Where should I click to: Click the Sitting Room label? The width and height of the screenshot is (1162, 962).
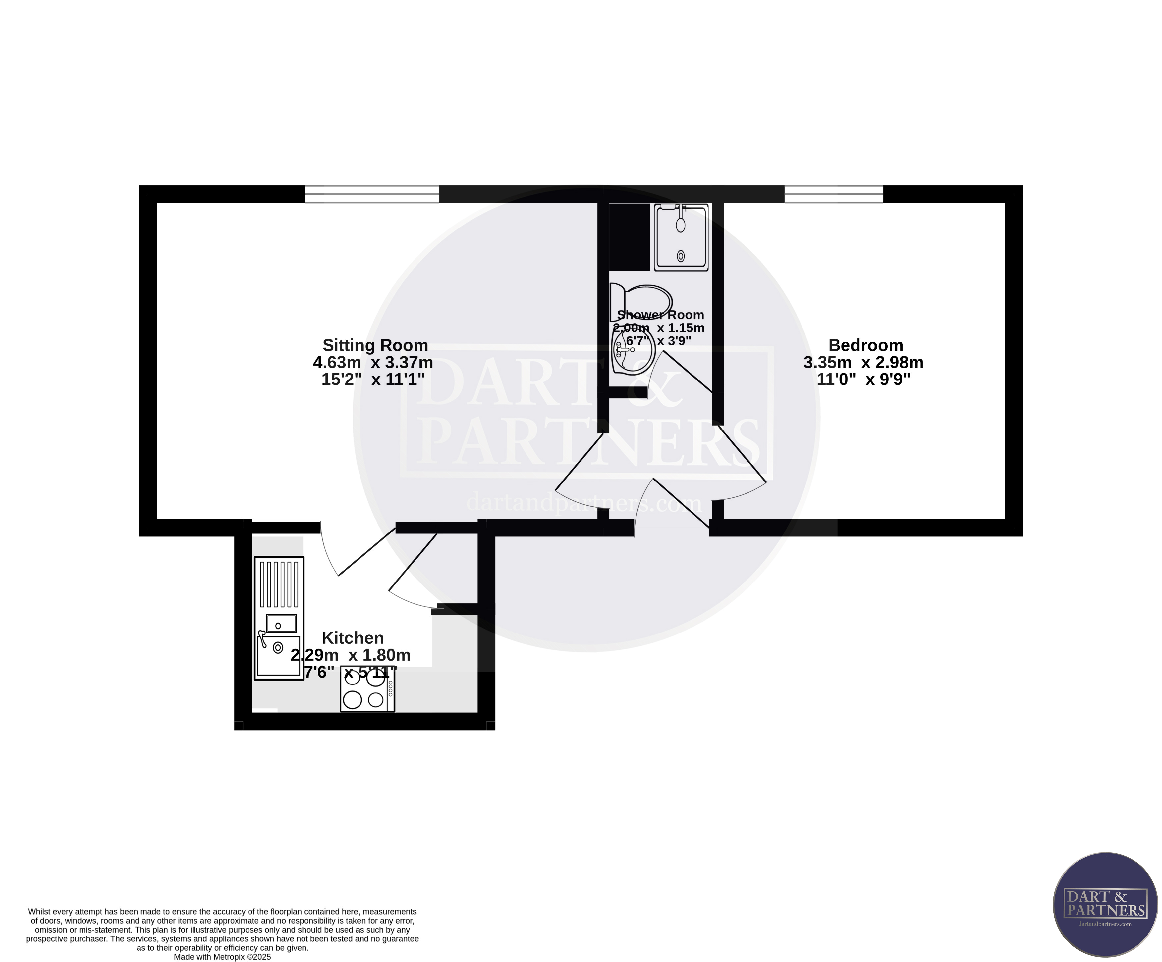click(375, 345)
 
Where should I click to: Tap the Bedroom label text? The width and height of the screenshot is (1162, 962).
click(865, 345)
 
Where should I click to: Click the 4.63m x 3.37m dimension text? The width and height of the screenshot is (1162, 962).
click(373, 363)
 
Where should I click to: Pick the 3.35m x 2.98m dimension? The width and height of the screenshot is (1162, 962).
click(863, 363)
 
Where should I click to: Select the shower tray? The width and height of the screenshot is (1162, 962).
click(681, 238)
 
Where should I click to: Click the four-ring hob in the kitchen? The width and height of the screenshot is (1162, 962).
click(367, 688)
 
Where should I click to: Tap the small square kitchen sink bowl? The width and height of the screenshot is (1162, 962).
click(281, 624)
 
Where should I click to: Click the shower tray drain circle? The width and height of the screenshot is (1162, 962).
click(681, 256)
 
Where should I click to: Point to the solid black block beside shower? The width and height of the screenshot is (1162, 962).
click(629, 237)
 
